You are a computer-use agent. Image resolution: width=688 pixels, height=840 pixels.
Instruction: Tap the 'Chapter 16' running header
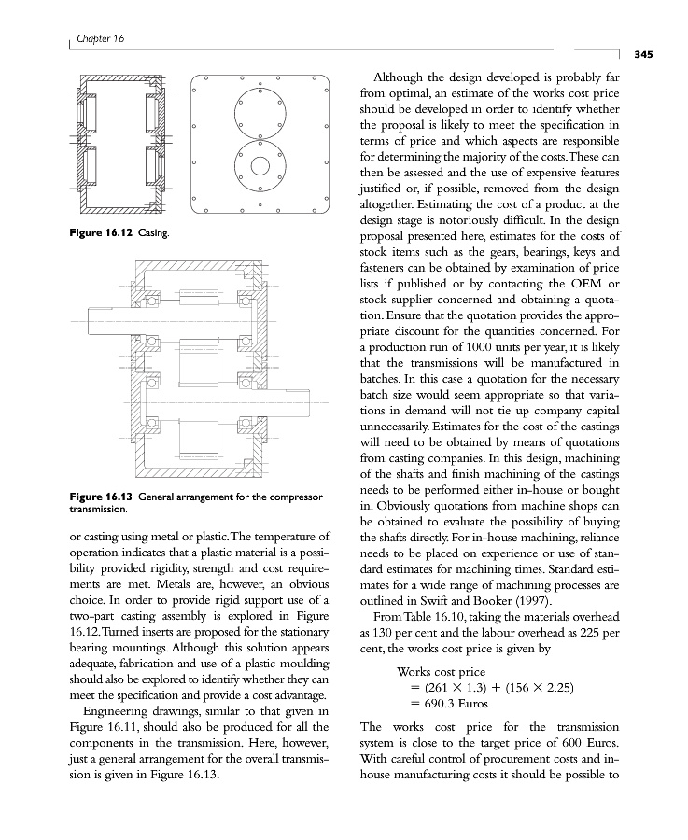coord(103,38)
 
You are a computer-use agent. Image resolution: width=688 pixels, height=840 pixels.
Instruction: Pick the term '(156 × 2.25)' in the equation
coord(540,689)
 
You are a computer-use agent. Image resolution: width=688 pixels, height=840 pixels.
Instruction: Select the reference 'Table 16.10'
coord(432,618)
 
